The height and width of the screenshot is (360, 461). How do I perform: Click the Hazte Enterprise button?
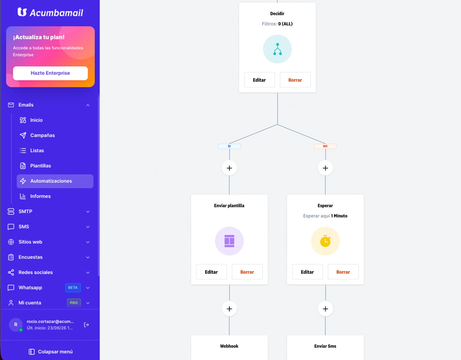click(50, 73)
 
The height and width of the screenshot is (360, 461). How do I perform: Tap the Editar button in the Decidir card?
click(259, 80)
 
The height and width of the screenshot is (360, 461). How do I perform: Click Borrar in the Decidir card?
click(295, 80)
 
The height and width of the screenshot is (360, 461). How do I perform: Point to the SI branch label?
click(229, 146)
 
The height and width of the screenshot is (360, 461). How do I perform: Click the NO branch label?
click(325, 146)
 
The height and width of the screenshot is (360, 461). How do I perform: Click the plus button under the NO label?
click(325, 168)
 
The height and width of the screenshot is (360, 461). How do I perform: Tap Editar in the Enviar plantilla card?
click(212, 272)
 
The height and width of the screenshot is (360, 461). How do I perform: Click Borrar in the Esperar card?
click(343, 272)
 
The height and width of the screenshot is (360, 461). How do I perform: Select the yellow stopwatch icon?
click(325, 241)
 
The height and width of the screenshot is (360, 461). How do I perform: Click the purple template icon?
click(229, 241)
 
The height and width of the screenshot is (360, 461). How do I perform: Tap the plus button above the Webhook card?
click(229, 309)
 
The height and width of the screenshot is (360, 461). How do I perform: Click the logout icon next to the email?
click(86, 325)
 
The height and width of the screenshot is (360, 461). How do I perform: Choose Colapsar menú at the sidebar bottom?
click(51, 352)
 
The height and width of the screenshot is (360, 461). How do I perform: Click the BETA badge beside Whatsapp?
click(73, 287)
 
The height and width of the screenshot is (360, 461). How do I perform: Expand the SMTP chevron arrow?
click(88, 212)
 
